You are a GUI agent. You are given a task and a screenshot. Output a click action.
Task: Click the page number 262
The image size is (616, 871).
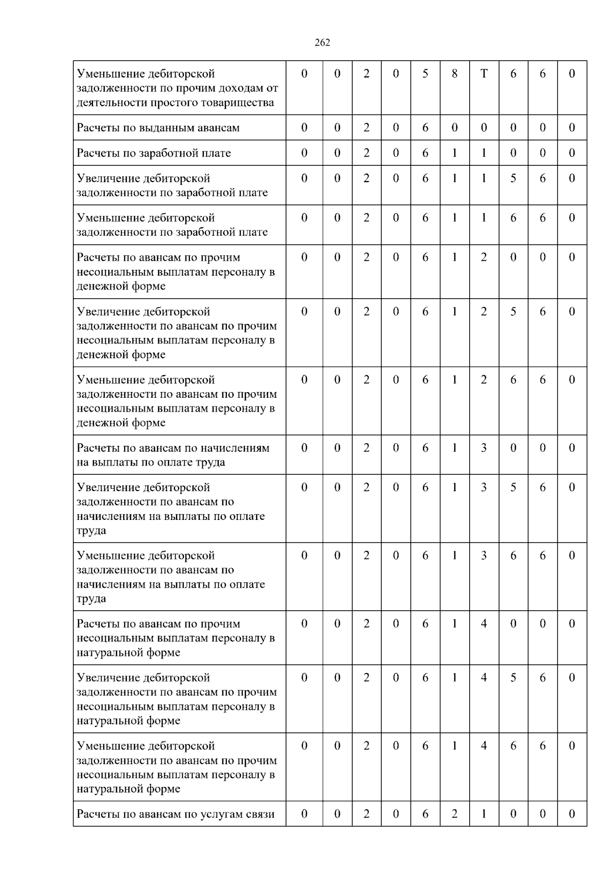(322, 43)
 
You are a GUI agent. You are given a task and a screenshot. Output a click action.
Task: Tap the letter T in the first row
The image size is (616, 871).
(484, 74)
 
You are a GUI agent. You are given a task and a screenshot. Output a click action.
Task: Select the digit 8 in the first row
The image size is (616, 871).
(454, 74)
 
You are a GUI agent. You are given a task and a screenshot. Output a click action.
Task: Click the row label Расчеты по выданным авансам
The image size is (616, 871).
(158, 128)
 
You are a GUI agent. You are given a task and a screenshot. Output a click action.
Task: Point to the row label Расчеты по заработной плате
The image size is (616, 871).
(153, 153)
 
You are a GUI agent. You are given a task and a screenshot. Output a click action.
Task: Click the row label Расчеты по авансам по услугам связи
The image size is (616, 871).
(176, 814)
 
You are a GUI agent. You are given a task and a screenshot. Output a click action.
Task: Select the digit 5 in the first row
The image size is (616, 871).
(425, 74)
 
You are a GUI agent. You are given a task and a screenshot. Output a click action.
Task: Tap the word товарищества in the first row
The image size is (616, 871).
(242, 103)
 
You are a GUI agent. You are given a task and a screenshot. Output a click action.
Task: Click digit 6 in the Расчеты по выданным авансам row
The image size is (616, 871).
(425, 128)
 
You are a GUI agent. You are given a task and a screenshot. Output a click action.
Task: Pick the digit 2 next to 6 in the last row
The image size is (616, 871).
(454, 814)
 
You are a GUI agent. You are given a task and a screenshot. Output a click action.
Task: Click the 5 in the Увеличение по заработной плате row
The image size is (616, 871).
(513, 179)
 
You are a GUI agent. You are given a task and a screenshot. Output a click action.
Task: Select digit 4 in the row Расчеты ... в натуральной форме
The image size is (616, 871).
(484, 624)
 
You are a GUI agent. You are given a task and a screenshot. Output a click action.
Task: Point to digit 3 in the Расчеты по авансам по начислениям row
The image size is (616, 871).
(484, 448)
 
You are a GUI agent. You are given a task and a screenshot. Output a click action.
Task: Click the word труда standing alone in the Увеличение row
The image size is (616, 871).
(91, 531)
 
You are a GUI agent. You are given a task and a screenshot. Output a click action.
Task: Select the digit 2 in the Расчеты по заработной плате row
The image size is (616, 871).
(366, 153)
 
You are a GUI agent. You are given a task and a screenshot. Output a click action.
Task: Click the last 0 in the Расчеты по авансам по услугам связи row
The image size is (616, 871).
(572, 814)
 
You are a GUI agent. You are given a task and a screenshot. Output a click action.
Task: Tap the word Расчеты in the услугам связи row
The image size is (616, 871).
(98, 814)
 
